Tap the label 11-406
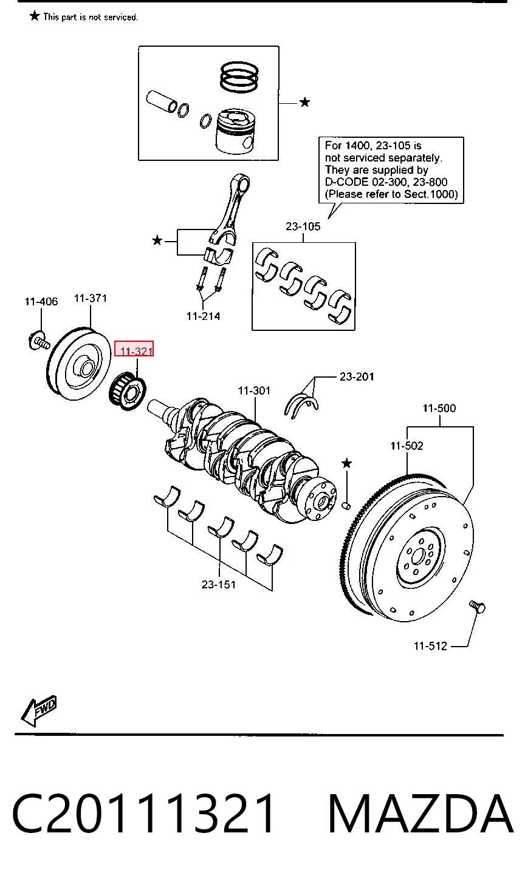coord(41,302)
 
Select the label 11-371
coord(91,298)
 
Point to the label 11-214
coord(203,316)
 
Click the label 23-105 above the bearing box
coord(303,226)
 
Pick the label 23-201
coord(357,376)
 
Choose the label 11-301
coord(255,391)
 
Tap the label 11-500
coord(439,408)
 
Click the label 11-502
coord(407,446)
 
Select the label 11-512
coord(430,646)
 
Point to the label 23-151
coord(219,585)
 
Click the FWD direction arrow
coord(39,710)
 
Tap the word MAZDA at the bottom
coord(420,814)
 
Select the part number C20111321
coord(143,814)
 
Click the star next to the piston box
coord(304,103)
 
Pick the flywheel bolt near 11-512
coord(477,607)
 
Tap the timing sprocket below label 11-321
coord(127,391)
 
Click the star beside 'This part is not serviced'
coord(35,16)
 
